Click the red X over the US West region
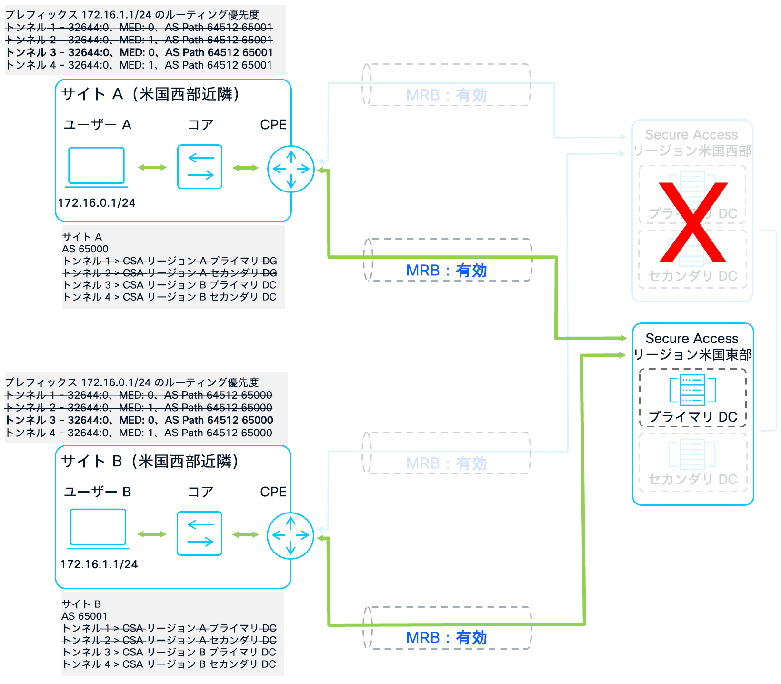point(693,222)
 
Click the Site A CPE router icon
point(291,169)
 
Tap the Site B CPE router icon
point(290,535)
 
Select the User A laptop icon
point(97,166)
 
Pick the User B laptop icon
point(98,527)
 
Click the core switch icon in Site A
point(200,167)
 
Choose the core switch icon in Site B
point(200,533)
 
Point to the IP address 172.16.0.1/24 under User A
point(97,203)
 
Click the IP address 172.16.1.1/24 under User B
point(99,564)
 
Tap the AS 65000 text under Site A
point(85,249)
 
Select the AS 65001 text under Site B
point(85,616)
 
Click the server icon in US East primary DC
point(692,390)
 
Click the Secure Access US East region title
point(692,346)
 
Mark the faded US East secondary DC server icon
point(692,453)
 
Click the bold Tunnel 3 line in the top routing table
point(139,52)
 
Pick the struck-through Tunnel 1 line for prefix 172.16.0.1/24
point(139,395)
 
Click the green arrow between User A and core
point(152,167)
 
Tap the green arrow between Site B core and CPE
point(246,535)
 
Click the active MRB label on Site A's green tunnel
point(446,271)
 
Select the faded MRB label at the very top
point(446,95)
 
